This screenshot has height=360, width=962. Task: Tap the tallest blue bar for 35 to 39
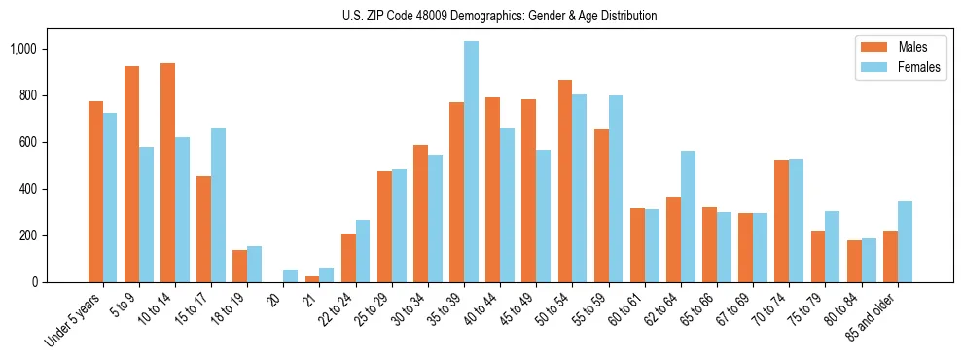pyautogui.click(x=471, y=162)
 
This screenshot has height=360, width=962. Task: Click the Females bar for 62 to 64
pyautogui.click(x=688, y=216)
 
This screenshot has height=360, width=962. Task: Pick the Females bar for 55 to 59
pyautogui.click(x=616, y=189)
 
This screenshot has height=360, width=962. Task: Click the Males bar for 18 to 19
pyautogui.click(x=239, y=266)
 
